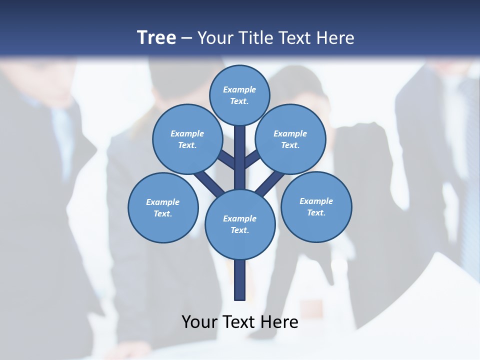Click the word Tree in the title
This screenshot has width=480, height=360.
pos(156,37)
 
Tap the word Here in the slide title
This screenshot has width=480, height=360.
pos(336,38)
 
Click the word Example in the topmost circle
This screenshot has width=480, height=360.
pos(239,90)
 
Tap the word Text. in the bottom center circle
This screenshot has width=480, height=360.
pos(239,230)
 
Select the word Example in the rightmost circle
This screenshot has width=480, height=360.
pos(316,201)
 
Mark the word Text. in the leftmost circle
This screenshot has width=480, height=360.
pos(162,214)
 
